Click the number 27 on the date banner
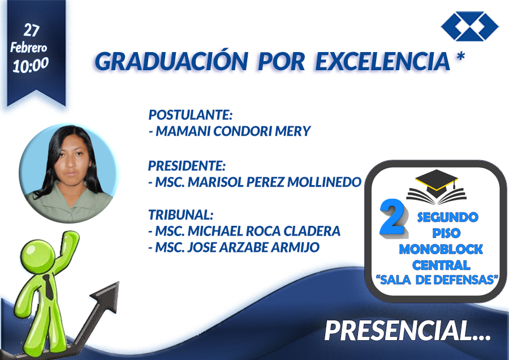(x=32, y=31)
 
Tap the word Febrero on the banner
(x=29, y=48)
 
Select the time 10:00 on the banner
(x=31, y=65)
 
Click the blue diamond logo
(x=470, y=26)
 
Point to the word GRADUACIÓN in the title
(x=171, y=61)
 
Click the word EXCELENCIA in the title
(x=383, y=61)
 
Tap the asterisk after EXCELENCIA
(x=460, y=57)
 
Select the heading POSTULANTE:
(x=191, y=115)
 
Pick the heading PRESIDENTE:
(x=187, y=166)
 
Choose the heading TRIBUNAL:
(x=181, y=215)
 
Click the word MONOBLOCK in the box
(x=441, y=249)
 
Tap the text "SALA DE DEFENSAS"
(x=437, y=280)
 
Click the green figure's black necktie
(x=49, y=287)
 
